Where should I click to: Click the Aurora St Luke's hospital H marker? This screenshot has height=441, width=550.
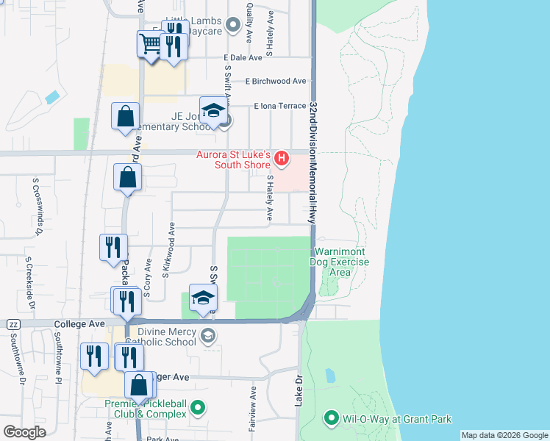pos(281,158)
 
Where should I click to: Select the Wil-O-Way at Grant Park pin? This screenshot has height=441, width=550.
pos(330,419)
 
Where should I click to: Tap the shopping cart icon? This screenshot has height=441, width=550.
pos(149,45)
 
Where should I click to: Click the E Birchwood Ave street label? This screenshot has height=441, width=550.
pos(276,82)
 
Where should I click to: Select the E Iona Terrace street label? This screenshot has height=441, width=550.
pos(279,107)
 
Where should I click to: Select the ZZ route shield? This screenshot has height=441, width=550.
pos(13,324)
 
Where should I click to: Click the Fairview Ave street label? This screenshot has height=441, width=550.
pos(252,408)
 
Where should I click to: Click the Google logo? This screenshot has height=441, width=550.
pos(24,431)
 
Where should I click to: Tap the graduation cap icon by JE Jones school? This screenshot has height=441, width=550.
pos(213,111)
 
